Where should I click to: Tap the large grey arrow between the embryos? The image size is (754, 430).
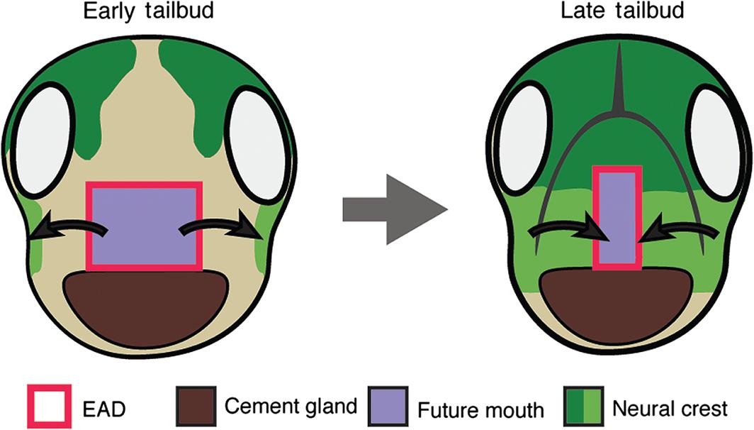pyautogui.click(x=394, y=209)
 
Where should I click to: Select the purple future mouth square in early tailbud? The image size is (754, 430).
pyautogui.click(x=144, y=226)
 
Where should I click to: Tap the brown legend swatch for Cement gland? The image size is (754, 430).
pyautogui.click(x=196, y=407)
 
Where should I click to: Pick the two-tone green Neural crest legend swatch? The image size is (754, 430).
pyautogui.click(x=582, y=407)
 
